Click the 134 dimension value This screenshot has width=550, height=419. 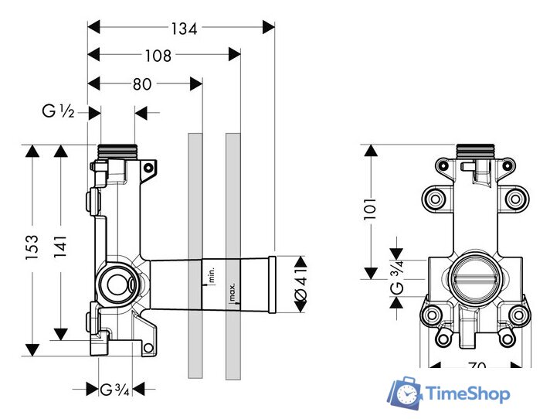coord(184,28)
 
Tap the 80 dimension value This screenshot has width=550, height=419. coord(141,84)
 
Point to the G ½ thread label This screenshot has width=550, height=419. coord(58,113)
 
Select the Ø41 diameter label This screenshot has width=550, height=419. coord(301,284)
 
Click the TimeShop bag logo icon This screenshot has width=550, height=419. coord(405,394)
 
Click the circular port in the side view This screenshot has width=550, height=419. coord(117,284)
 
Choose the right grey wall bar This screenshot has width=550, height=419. coord(233,255)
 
